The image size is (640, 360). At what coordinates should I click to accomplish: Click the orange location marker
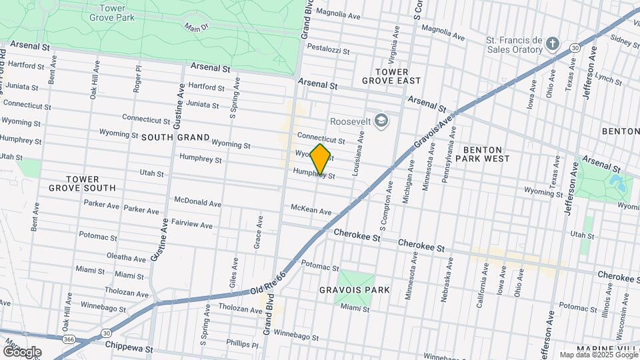click(x=321, y=159)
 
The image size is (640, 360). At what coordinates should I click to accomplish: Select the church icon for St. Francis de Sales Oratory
click(x=551, y=44)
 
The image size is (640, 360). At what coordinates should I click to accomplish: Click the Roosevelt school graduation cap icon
click(x=381, y=121)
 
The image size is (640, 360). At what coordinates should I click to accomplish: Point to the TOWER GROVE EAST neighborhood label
click(x=391, y=76)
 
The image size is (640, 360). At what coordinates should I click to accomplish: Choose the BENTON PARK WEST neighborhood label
click(x=486, y=154)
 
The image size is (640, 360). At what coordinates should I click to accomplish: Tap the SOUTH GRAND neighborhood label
click(x=167, y=137)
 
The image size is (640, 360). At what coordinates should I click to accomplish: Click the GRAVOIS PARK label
click(x=354, y=290)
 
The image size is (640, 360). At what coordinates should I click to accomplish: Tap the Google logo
click(x=22, y=351)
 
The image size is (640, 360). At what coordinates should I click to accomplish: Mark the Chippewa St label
click(x=129, y=348)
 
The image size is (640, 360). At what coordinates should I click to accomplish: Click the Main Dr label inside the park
click(x=197, y=28)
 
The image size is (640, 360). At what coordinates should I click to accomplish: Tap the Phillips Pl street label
click(x=241, y=344)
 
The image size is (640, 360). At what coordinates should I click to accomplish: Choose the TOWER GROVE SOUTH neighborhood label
click(x=82, y=183)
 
